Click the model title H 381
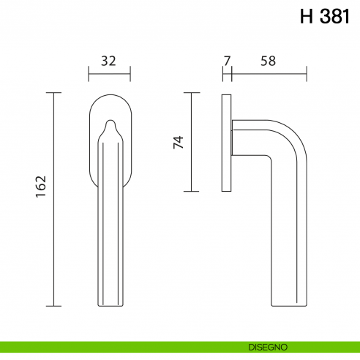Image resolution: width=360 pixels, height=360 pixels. tap(325, 16)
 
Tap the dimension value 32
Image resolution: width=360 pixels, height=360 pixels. tap(108, 61)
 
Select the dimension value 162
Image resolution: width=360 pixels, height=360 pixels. tap(41, 186)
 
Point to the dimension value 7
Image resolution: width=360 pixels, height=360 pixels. tap(227, 61)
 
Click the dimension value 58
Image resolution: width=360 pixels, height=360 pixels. tap(268, 61)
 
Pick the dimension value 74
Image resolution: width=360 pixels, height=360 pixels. tap(178, 142)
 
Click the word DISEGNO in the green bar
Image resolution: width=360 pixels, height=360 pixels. tap(268, 347)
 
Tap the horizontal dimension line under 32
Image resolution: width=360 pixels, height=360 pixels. tap(109, 74)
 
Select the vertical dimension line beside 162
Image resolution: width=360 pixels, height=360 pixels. tap(53, 199)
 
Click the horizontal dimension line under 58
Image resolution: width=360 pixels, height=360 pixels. tap(269, 74)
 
